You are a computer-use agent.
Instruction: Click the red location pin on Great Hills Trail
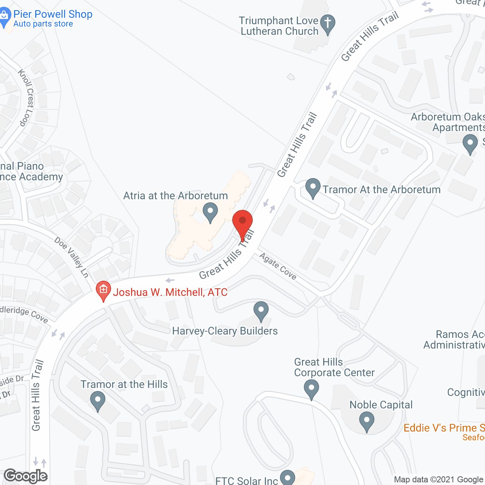[x=242, y=222]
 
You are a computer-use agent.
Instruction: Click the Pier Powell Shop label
[x=53, y=14]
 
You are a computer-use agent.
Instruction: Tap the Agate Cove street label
[x=278, y=266]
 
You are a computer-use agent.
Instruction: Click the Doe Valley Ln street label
[x=72, y=257]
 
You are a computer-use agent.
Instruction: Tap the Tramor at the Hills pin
[x=98, y=401]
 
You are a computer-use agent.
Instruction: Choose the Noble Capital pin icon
[x=366, y=421]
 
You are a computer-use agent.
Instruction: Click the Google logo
[x=25, y=476]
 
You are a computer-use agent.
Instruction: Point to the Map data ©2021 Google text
[x=439, y=480]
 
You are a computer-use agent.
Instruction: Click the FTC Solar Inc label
[x=247, y=481]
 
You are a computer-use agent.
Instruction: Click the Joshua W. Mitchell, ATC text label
[x=170, y=292]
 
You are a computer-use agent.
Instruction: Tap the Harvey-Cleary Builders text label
[x=225, y=331]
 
